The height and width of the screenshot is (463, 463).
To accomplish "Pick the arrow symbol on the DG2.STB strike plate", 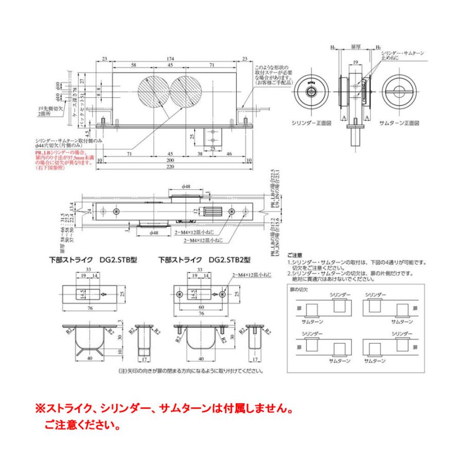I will coord(102,295).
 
